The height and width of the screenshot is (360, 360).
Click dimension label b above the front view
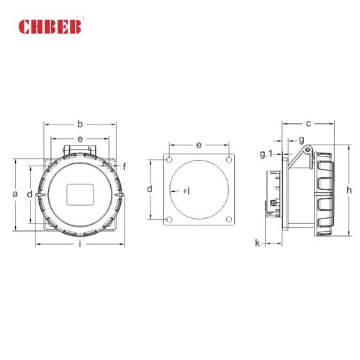coord(80,123)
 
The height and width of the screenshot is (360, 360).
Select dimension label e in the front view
coord(80,138)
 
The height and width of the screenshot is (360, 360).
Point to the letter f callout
coord(125,166)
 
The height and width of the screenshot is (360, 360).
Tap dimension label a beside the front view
coord(14,194)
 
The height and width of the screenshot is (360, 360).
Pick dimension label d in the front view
coord(29,194)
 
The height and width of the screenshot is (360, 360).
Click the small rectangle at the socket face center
coord(78,194)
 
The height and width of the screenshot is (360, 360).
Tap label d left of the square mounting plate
coord(149,189)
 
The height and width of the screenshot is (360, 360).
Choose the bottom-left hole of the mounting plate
coord(168,219)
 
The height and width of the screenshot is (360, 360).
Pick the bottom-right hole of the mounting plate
coord(228,219)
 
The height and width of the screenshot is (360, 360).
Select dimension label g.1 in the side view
coord(265,154)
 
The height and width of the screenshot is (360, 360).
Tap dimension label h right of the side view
coord(348,189)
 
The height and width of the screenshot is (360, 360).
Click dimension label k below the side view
coord(257,243)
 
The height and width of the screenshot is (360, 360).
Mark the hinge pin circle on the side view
coord(306,150)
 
